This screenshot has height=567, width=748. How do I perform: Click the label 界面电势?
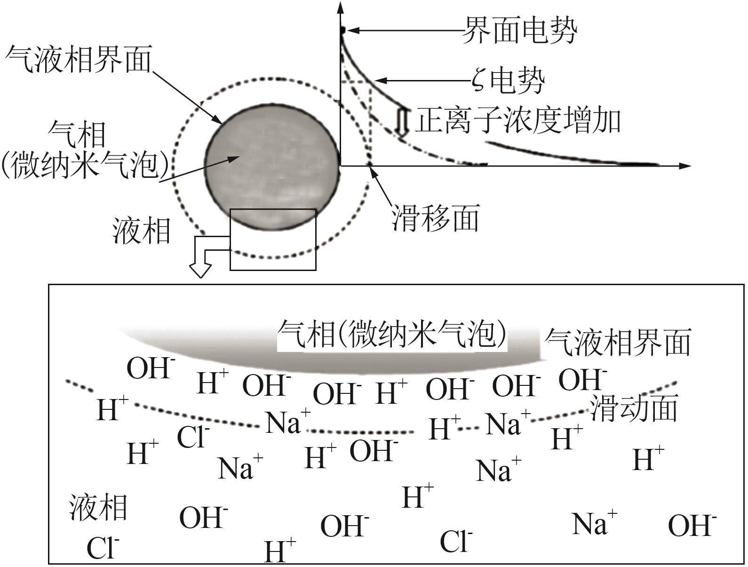[x=519, y=30]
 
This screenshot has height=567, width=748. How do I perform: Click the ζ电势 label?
[x=508, y=81]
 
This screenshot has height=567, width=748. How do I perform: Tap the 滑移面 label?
[x=436, y=218]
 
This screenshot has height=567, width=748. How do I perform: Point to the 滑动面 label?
[x=633, y=408]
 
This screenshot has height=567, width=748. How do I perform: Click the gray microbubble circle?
[x=272, y=167]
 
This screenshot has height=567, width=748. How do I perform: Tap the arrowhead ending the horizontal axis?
[x=685, y=166]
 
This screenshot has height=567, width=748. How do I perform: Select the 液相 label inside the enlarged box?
[x=98, y=507]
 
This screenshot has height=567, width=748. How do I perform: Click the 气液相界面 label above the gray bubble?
[x=79, y=59]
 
